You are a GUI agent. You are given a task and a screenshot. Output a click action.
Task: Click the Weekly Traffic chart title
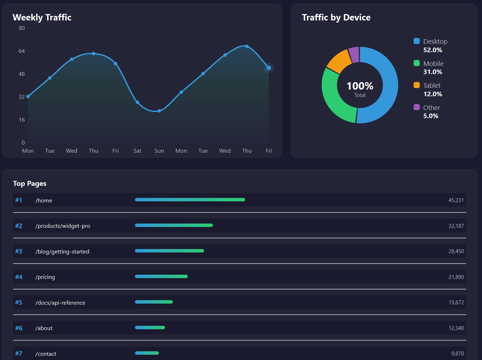coord(42,17)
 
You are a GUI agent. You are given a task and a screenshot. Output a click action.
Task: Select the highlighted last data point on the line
coord(269,68)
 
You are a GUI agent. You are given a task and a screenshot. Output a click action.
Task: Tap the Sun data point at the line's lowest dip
coord(159,111)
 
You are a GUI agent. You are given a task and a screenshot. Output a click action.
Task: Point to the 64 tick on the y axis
coord(22,51)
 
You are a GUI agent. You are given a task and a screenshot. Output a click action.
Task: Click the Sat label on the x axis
coord(137,151)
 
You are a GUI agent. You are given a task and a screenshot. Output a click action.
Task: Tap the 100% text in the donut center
coord(360,86)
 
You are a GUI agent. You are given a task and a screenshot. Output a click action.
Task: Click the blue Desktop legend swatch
coord(416,41)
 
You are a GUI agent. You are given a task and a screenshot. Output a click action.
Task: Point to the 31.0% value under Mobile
coord(433,72)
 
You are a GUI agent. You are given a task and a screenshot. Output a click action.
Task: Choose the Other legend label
coord(431,108)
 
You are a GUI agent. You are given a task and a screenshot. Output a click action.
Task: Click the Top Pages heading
coord(30,183)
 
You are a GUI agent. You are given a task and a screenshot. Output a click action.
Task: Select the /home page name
coord(44,200)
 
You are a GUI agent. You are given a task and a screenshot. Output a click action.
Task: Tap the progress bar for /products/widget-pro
coord(174,225)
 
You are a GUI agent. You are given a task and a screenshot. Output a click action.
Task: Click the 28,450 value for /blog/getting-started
coord(456,251)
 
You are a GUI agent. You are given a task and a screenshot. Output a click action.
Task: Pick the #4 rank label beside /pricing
coord(19,277)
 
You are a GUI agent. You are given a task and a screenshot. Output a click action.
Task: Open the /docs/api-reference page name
coord(60,303)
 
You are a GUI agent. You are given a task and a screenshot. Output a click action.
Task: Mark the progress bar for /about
coord(150,328)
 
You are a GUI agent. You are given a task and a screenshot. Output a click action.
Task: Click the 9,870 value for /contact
coord(457,354)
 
